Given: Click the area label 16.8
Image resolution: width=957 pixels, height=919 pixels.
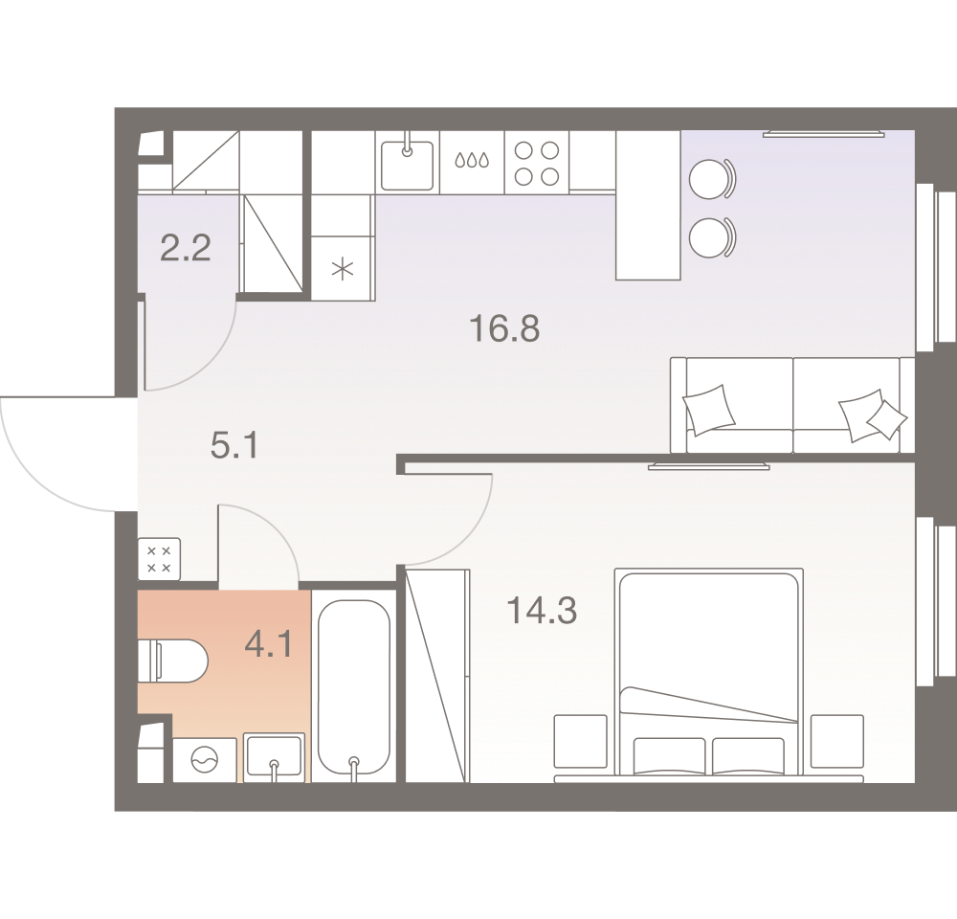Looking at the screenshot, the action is pyautogui.click(x=504, y=328).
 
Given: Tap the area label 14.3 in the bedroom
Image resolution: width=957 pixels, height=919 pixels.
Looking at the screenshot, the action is pyautogui.click(x=542, y=610).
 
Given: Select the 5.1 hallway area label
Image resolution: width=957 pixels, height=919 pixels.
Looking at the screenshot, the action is pyautogui.click(x=234, y=445).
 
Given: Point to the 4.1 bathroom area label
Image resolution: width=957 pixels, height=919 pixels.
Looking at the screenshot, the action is pyautogui.click(x=269, y=643).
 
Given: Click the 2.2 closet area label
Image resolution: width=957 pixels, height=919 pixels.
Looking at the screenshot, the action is pyautogui.click(x=186, y=248).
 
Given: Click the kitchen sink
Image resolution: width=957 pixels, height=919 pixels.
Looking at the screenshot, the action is pyautogui.click(x=407, y=166).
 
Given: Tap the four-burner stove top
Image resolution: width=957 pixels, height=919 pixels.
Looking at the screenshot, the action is pyautogui.click(x=537, y=163).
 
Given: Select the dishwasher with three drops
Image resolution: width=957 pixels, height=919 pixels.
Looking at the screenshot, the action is pyautogui.click(x=472, y=162).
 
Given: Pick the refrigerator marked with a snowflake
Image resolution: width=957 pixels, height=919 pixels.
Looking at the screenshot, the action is pyautogui.click(x=343, y=269).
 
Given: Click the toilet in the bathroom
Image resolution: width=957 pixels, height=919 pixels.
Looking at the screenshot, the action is pyautogui.click(x=173, y=661).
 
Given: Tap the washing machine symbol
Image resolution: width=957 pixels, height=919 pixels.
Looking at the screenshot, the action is pyautogui.click(x=205, y=760).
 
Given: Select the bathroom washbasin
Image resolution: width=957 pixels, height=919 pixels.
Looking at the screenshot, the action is pyautogui.click(x=274, y=757).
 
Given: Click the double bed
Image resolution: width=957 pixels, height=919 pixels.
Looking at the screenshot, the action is pyautogui.click(x=708, y=675).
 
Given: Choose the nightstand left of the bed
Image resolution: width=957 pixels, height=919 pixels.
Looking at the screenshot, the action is pyautogui.click(x=581, y=741).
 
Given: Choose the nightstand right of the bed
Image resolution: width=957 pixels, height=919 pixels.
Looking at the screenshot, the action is pyautogui.click(x=837, y=741).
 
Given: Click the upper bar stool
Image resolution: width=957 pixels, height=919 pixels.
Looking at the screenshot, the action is pyautogui.click(x=712, y=179).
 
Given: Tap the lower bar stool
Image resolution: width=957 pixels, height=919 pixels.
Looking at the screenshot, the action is pyautogui.click(x=712, y=237).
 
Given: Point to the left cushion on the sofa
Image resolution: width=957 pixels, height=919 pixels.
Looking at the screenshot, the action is pyautogui.click(x=708, y=410).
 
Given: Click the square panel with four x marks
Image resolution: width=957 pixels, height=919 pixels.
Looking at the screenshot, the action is pyautogui.click(x=159, y=559).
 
